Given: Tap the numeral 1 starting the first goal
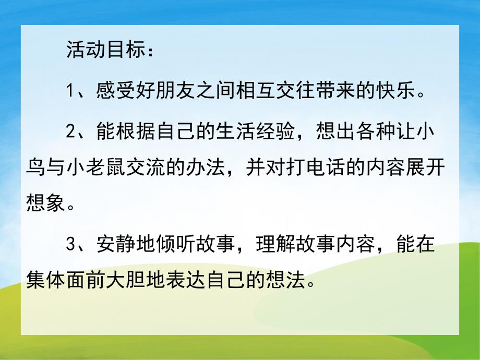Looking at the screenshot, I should point(72,93).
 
